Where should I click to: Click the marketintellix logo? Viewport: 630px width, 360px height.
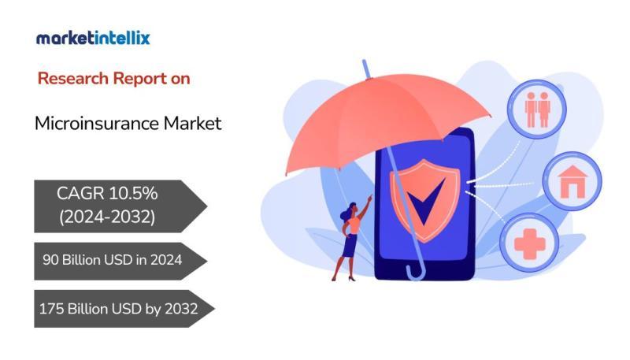[93, 39]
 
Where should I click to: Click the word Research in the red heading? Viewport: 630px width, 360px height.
[73, 78]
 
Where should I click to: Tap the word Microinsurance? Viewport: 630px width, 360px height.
[97, 124]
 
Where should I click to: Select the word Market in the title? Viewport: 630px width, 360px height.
[192, 124]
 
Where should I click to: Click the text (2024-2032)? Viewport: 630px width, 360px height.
[107, 217]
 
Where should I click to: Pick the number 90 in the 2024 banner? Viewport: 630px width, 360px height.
[50, 260]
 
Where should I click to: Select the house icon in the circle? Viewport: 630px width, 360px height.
[573, 182]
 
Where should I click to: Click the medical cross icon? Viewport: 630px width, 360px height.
[529, 243]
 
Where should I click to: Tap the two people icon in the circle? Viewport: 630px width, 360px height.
[537, 109]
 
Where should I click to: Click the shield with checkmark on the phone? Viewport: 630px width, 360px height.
[424, 200]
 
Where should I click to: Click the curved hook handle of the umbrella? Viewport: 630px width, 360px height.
[417, 271]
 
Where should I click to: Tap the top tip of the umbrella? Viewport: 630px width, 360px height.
[364, 61]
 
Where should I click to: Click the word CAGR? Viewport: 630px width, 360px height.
[80, 193]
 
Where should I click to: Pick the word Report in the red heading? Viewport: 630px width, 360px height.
[140, 79]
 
